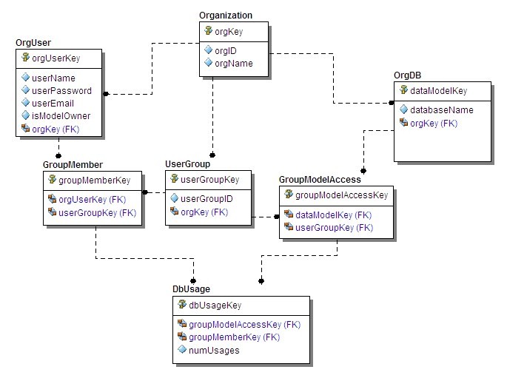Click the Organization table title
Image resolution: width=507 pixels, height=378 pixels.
226,16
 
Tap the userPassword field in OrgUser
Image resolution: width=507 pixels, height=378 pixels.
61,91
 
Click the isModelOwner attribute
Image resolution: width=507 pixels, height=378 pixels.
61,116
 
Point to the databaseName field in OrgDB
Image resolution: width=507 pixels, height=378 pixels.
441,110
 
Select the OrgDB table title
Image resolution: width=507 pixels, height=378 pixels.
408,75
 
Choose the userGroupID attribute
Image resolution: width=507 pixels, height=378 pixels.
207,199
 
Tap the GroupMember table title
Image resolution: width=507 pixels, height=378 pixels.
73,164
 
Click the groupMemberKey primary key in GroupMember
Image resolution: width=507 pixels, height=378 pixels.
93,180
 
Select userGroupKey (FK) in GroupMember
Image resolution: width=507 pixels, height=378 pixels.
97,212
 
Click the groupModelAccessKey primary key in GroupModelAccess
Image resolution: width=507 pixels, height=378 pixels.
341,195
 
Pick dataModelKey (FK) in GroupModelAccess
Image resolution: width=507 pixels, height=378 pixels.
333,215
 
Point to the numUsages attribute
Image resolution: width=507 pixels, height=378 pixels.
214,350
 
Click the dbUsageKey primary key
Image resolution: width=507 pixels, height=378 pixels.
215,305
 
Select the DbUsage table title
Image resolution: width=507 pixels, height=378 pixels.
193,288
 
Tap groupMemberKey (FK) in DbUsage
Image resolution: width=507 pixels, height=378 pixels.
234,337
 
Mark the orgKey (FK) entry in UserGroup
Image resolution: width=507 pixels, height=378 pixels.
204,212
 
